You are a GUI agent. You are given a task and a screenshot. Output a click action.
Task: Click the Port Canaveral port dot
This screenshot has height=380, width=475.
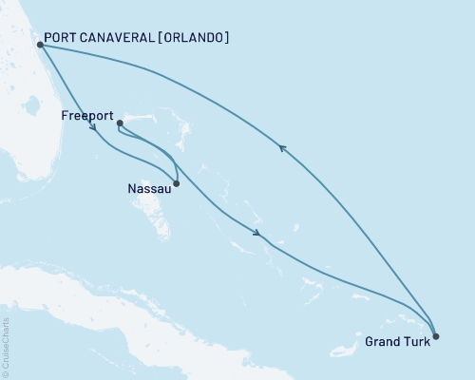39,44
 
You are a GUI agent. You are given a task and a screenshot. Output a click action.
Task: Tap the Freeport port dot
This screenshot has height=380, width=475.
119,123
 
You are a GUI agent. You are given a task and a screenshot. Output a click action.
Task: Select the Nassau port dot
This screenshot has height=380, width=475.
177,183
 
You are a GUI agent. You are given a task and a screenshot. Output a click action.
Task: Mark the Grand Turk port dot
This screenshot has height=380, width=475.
435,335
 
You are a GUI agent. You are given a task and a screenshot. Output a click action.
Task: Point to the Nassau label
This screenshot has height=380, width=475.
148,188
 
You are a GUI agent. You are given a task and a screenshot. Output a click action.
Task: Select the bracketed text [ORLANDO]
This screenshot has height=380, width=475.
194,39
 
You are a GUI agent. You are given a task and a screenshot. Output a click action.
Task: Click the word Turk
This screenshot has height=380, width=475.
415,343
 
